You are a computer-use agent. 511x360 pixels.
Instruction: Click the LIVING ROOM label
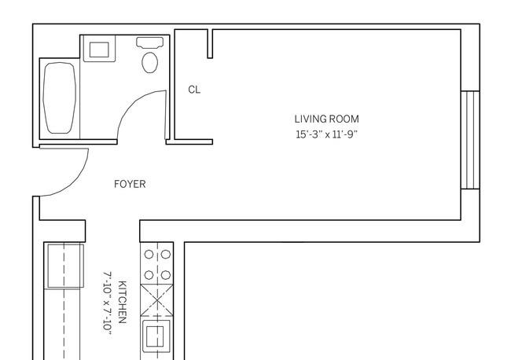(326, 119)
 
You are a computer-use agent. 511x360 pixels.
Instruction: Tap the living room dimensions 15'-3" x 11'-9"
(326, 134)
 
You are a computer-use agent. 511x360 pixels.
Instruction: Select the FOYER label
(130, 184)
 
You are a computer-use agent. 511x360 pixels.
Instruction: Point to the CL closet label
(194, 90)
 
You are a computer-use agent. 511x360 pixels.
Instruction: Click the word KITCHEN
(122, 302)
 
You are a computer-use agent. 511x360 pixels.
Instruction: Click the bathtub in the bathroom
(59, 97)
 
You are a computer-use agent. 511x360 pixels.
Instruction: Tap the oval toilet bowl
(150, 62)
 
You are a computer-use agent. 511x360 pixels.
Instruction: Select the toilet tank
(149, 42)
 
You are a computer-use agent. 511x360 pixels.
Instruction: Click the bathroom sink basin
(99, 50)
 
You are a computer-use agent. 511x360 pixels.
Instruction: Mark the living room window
(470, 140)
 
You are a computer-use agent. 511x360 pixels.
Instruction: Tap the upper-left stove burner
(149, 255)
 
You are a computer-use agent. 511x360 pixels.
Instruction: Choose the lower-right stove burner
(166, 275)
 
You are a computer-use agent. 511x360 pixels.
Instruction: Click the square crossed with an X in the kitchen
(156, 300)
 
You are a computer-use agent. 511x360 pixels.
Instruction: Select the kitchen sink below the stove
(156, 336)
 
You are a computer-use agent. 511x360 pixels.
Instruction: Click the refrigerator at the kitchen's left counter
(64, 266)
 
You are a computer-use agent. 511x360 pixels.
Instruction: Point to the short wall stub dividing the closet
(210, 44)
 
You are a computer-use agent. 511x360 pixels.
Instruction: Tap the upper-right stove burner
(166, 255)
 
